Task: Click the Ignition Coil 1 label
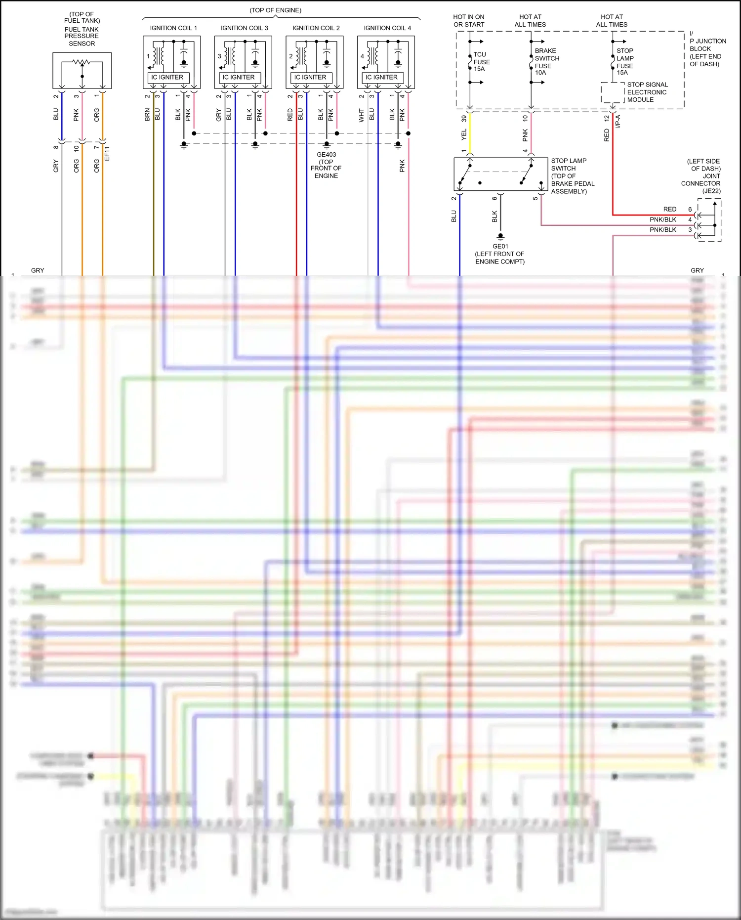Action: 173,28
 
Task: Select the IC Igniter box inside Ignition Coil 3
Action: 239,78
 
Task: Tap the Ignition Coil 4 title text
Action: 387,28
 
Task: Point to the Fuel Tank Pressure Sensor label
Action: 82,36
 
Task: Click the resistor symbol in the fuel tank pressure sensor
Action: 82,62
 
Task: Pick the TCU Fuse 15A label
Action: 482,62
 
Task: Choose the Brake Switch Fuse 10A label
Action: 547,62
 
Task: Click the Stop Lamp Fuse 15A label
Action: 625,62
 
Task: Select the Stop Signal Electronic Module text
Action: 647,92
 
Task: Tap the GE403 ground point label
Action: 326,155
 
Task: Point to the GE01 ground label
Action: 500,246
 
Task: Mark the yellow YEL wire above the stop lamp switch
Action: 470,133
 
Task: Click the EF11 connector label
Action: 107,153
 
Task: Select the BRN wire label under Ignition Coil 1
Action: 147,115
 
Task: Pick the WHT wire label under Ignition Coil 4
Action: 362,116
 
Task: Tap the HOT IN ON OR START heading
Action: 469,21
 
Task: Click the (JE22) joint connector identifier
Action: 711,191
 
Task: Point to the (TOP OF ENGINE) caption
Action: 275,10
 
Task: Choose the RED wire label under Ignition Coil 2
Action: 290,115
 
